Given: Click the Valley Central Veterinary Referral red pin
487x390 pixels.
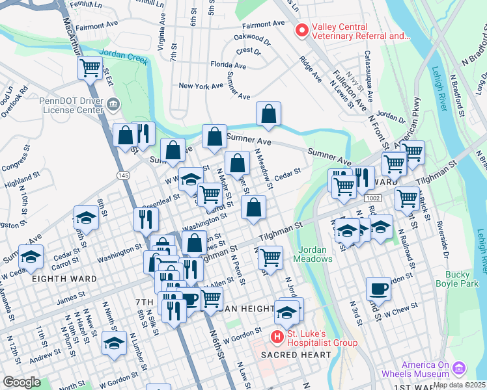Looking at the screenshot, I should coord(301,30).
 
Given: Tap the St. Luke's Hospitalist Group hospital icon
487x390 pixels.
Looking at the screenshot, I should coord(277,337).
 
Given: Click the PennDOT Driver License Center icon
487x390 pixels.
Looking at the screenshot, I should coord(114,104).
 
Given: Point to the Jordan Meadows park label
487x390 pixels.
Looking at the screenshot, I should coord(315,254).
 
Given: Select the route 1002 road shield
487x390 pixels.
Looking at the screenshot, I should coord(373,198).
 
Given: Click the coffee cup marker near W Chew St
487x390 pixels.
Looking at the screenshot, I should coord(378,289).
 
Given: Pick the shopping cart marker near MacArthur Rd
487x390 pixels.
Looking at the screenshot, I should coord(90,68).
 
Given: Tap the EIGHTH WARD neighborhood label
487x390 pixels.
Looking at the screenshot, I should coord(64,279).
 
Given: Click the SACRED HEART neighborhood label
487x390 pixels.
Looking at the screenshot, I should coord(297,355).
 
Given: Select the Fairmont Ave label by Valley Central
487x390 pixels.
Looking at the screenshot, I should coord(263,23).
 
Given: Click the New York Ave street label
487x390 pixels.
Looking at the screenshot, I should coord(202,86).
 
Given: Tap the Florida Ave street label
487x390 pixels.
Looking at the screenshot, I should coord(228,65).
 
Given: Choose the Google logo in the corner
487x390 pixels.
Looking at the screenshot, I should coord(21,382).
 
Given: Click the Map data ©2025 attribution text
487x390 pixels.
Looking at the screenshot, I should coord(460,385).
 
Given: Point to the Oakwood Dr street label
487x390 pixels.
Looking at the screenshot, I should coord(251,38).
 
